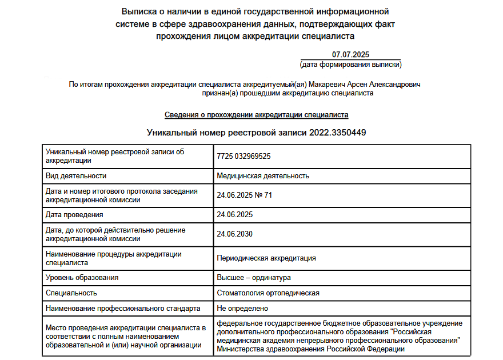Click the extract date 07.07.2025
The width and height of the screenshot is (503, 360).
point(350,55)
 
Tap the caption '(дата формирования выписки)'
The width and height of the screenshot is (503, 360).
point(350,65)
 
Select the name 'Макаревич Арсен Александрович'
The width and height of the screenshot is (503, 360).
point(365,85)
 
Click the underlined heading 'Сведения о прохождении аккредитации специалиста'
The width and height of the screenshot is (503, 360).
point(257,115)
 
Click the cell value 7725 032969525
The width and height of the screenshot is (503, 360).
point(243,156)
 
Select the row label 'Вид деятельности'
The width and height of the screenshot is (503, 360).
point(76,176)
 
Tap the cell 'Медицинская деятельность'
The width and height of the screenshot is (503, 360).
point(263,176)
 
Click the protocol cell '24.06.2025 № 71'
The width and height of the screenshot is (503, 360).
point(245,195)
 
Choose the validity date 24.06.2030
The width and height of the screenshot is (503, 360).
point(235,234)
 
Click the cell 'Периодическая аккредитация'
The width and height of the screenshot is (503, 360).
point(266,258)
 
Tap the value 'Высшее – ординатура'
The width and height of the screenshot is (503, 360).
point(254,278)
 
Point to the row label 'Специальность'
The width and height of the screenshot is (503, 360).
point(71,293)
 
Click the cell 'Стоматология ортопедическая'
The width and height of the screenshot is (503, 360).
point(268,293)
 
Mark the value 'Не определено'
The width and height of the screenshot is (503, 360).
point(242,309)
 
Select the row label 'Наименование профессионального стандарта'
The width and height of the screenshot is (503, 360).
point(123,309)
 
